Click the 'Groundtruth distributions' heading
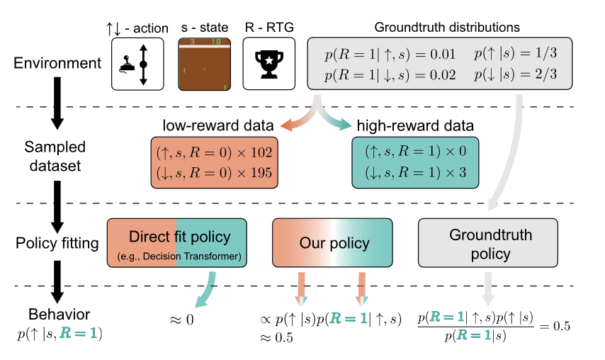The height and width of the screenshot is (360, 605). tap(447, 28)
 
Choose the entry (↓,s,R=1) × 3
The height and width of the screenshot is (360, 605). tap(415, 173)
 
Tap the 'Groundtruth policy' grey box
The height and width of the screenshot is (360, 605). tap(480, 243)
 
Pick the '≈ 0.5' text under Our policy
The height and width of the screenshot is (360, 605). tap(277, 338)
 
